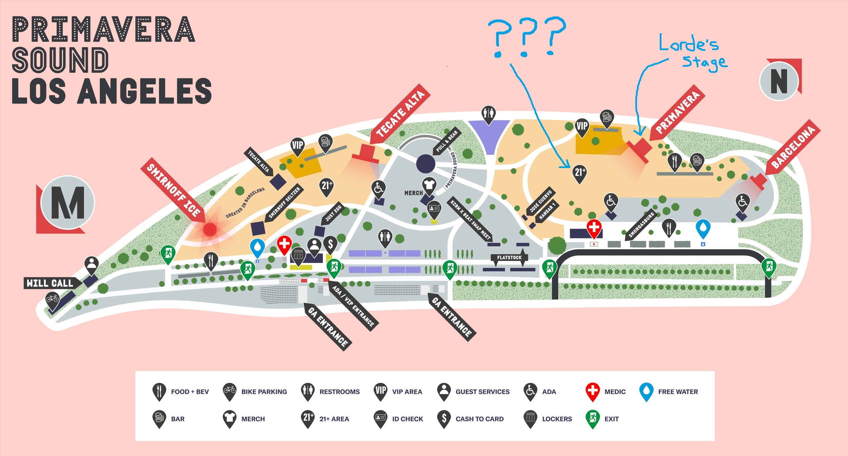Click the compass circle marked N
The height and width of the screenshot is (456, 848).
pos(779,81)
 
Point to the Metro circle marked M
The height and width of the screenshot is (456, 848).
pos(68,203)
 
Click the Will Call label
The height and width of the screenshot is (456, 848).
pos(50,283)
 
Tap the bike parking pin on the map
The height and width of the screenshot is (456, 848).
pos(53,299)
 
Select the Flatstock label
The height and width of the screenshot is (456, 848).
pos(509,257)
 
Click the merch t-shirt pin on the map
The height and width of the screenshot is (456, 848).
pos(429,185)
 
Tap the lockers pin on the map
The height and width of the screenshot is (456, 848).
pos(298,256)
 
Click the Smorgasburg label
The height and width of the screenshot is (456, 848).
pos(641,225)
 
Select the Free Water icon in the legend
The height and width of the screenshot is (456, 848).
pos(646,391)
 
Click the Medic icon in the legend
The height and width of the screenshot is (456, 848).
pos(592,391)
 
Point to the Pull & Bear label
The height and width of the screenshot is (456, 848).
pos(447,141)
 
